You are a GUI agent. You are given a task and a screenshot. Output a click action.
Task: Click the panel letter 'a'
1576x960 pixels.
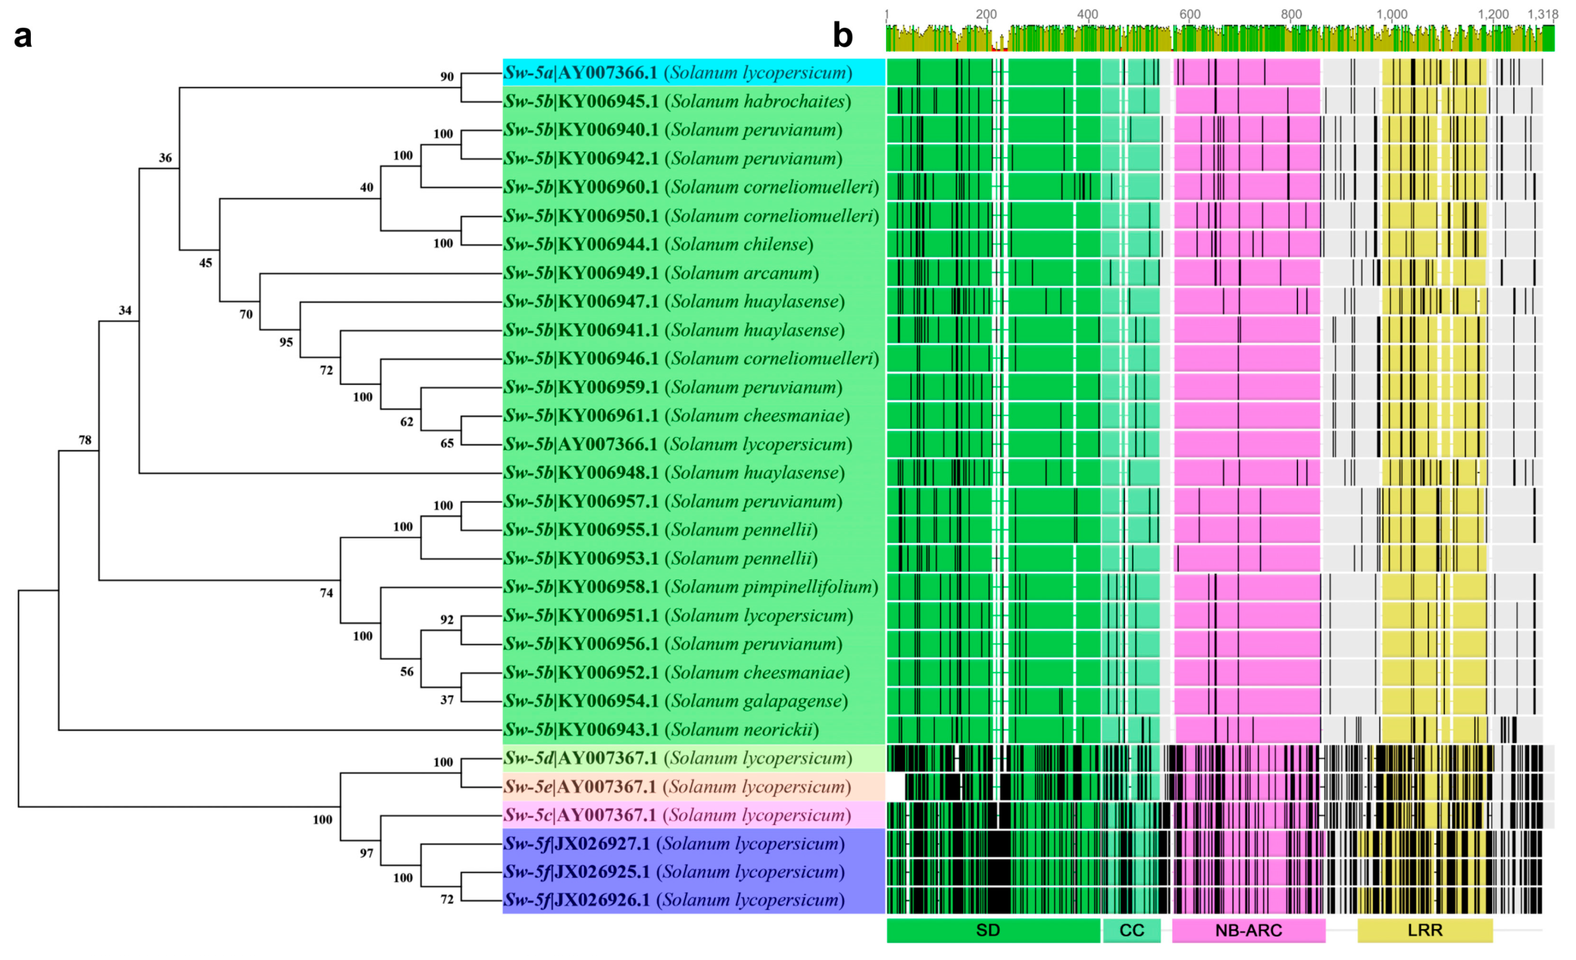(x=23, y=37)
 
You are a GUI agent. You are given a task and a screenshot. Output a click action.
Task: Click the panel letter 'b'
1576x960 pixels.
(x=842, y=36)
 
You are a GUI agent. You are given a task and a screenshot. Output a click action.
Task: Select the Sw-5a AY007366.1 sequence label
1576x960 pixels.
(x=678, y=73)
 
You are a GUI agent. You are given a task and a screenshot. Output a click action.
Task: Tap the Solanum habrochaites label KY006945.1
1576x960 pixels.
(x=677, y=101)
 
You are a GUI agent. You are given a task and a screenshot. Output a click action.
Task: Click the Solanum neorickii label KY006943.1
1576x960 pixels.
(x=661, y=730)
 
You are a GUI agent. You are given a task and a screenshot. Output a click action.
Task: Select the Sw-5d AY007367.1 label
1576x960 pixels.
(x=678, y=758)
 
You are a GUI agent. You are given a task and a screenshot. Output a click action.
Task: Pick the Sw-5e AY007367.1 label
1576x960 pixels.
(x=677, y=787)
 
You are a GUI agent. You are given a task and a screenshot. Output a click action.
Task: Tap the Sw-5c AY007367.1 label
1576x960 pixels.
(x=677, y=816)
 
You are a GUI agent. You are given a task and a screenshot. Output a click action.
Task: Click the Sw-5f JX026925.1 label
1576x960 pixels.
(x=674, y=872)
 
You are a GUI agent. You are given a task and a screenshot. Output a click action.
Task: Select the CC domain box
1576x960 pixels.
(x=1131, y=930)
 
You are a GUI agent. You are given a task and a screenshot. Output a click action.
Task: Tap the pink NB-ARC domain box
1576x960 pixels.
(x=1248, y=930)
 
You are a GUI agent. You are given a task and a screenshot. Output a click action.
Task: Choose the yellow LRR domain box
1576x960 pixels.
(x=1425, y=930)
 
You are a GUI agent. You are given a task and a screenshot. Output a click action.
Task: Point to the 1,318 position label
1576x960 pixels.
(x=1542, y=14)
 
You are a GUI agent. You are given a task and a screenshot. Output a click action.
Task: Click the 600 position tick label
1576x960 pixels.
(x=1189, y=14)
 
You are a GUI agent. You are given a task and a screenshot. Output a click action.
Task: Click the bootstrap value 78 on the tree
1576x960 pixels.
(x=85, y=441)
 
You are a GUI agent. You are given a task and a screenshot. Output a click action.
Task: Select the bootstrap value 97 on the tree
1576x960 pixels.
(x=367, y=853)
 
